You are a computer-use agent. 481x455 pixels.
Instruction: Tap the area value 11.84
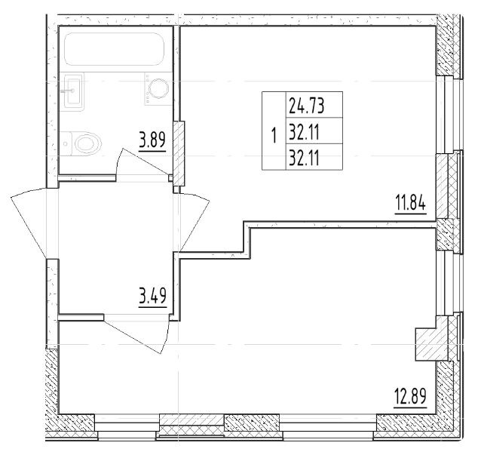pyautogui.click(x=411, y=204)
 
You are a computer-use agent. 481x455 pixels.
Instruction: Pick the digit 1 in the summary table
pyautogui.click(x=274, y=136)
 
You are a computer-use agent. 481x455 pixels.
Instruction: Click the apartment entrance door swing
pyautogui.click(x=34, y=219)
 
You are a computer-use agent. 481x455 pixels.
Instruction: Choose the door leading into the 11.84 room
pyautogui.click(x=195, y=219)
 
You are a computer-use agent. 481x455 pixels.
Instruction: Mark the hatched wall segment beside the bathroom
pyautogui.click(x=179, y=147)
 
